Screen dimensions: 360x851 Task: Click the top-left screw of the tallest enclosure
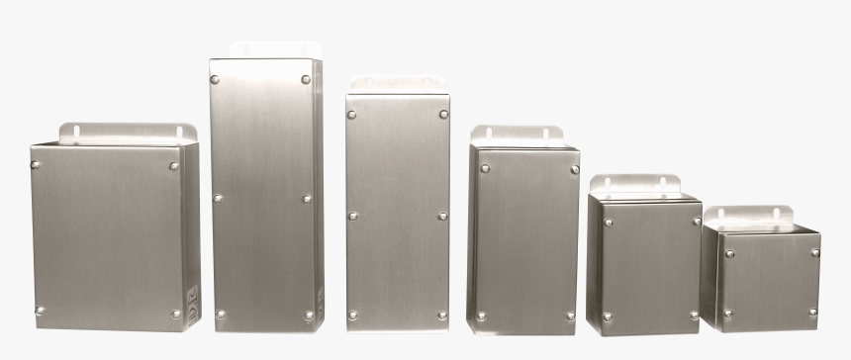coord(215,79)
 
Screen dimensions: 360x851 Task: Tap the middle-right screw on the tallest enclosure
coord(307,198)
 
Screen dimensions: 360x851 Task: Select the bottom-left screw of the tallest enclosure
coord(220,315)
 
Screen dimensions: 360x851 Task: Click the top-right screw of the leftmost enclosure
coord(174,166)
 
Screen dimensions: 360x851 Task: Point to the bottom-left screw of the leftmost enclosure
coord(40,310)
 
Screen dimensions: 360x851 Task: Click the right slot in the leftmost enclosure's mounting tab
coord(180,131)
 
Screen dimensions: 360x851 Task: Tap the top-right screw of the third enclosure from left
coord(443,114)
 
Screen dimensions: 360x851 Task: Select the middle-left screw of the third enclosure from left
coord(352,215)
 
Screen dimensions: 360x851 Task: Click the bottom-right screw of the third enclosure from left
coord(442,315)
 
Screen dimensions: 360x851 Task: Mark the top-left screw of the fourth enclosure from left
coord(485,168)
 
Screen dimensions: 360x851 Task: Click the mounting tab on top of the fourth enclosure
coord(518,135)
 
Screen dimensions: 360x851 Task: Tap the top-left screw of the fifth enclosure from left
coord(608,222)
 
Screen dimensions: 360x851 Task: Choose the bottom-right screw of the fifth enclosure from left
coord(694,315)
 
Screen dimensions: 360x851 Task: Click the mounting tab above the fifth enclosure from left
coord(634,184)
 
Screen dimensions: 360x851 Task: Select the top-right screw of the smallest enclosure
coord(814,252)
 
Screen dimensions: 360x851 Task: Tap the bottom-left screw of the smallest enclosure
coord(726,313)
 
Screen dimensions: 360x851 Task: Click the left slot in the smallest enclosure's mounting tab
coord(720,214)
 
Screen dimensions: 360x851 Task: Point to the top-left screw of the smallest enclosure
coord(730,253)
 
